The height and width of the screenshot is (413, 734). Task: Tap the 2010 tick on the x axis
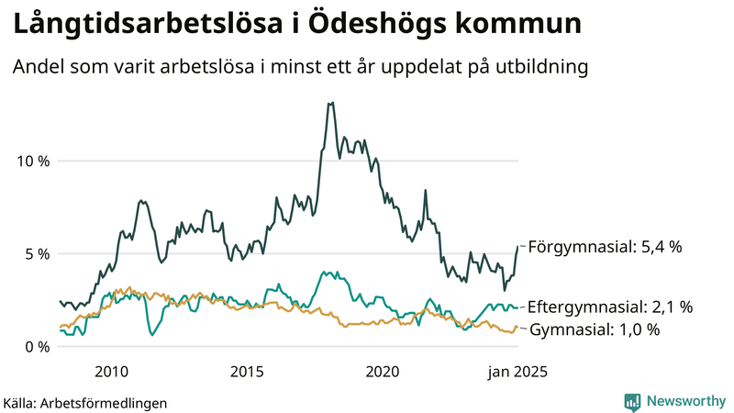111,372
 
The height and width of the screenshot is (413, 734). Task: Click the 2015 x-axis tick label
247,372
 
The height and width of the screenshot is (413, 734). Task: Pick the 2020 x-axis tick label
383,372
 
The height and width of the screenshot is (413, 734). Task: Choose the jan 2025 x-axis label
510,372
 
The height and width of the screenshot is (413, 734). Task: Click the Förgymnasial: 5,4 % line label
606,247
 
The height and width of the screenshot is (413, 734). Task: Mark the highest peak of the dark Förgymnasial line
330,103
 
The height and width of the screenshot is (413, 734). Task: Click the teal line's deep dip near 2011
152,335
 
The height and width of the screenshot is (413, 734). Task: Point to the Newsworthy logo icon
632,401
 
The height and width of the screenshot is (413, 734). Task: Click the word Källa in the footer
19,403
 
